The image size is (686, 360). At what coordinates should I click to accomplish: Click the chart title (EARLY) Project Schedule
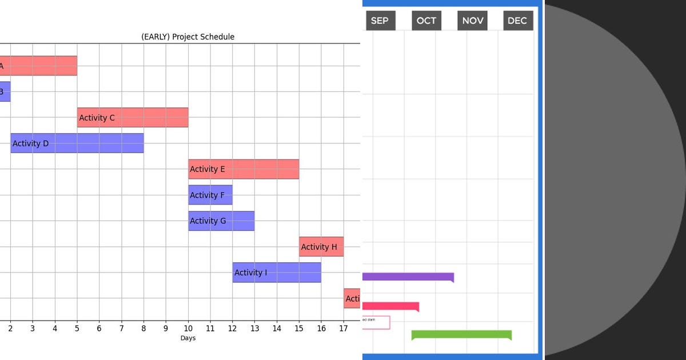tap(188, 37)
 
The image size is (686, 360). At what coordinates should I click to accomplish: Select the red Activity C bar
tap(133, 118)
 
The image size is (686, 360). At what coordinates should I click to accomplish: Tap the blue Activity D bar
tap(77, 143)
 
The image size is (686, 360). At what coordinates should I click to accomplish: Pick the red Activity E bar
tap(244, 169)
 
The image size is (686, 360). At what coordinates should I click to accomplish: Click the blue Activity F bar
tap(210, 195)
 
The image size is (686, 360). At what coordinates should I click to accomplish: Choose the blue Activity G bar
tap(221, 221)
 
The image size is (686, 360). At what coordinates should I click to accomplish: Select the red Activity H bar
tap(321, 247)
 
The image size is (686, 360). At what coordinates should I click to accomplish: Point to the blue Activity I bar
tap(277, 273)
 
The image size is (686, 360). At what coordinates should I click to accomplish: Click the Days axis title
tap(188, 338)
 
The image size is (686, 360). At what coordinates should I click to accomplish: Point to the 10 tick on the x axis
tap(188, 328)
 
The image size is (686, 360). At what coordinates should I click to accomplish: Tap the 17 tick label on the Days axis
tap(343, 328)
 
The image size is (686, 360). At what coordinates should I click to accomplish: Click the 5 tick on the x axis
tap(77, 328)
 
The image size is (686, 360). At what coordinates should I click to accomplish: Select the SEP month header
tap(380, 21)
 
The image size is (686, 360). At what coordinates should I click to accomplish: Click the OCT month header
tap(426, 21)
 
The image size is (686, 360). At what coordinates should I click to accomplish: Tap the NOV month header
tap(473, 21)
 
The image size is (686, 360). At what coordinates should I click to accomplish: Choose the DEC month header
tap(517, 21)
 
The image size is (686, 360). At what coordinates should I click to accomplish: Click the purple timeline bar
tap(408, 277)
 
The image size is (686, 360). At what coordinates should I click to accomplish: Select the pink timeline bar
tap(390, 306)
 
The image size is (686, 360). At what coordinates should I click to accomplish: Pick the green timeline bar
tap(461, 335)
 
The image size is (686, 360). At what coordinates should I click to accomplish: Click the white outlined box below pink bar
tap(377, 323)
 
